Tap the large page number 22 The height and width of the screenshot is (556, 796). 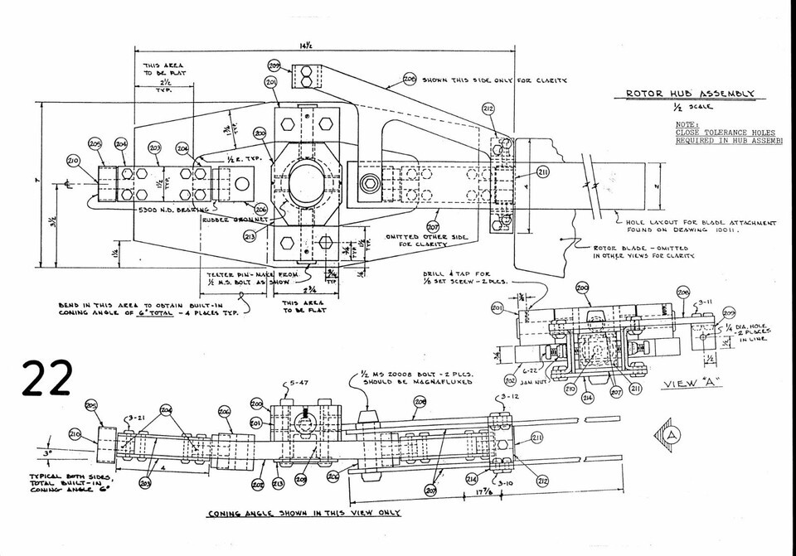(x=47, y=379)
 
